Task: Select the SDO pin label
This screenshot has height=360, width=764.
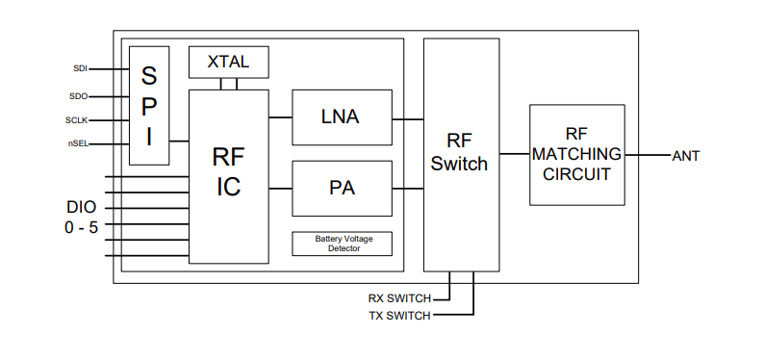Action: [x=78, y=95]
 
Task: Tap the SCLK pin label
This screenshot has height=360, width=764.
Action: [x=77, y=120]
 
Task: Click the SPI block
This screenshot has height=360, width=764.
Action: [x=149, y=106]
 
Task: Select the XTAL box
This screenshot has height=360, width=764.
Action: [x=228, y=62]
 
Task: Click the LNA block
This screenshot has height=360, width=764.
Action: [x=341, y=117]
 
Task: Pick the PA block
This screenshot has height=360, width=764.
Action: [x=341, y=188]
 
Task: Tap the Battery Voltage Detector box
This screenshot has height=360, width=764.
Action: [x=342, y=244]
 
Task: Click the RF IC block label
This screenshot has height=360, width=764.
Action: [x=228, y=170]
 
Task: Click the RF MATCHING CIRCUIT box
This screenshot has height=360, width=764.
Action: [x=575, y=155]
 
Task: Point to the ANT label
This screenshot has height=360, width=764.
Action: [x=686, y=156]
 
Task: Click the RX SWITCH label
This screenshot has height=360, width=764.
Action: [x=399, y=298]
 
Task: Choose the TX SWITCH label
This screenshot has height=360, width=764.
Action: [x=399, y=316]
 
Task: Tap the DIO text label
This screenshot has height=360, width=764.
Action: [x=81, y=207]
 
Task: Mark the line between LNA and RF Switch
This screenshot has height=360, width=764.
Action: [x=408, y=118]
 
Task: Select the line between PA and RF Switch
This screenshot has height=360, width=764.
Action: [x=408, y=188]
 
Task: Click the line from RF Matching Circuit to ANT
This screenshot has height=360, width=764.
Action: [x=647, y=155]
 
